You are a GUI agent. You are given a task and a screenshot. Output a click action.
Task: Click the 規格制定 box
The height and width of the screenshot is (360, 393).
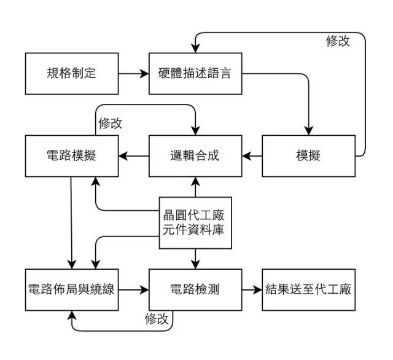pyautogui.click(x=71, y=74)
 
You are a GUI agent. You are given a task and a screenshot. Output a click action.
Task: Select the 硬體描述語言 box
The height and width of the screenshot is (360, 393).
pyautogui.click(x=195, y=74)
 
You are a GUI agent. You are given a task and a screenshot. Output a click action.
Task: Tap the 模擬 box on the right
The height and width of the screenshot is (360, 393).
pyautogui.click(x=308, y=155)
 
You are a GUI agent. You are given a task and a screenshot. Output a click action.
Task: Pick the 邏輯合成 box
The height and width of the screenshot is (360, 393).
pyautogui.click(x=195, y=155)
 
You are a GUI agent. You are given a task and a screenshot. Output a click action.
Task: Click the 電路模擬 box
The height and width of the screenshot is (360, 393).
pyautogui.click(x=71, y=155)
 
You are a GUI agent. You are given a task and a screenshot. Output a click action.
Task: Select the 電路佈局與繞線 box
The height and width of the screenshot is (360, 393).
pyautogui.click(x=71, y=289)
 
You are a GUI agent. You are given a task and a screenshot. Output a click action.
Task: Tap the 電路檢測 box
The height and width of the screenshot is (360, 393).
pyautogui.click(x=195, y=289)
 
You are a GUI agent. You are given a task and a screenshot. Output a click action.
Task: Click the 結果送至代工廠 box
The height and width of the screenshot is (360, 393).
pyautogui.click(x=308, y=289)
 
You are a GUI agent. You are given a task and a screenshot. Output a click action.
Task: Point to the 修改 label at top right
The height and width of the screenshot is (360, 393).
pyautogui.click(x=338, y=41)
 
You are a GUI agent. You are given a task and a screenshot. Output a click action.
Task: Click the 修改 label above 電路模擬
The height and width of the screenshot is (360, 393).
pyautogui.click(x=110, y=123)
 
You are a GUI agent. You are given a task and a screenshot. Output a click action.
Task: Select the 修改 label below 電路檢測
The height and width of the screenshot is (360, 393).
pyautogui.click(x=157, y=319)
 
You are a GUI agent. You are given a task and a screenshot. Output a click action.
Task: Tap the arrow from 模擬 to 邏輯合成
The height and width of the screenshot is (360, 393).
pyautogui.click(x=252, y=155)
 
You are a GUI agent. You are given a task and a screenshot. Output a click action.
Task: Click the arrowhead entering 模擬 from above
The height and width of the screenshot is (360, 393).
pyautogui.click(x=308, y=130)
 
